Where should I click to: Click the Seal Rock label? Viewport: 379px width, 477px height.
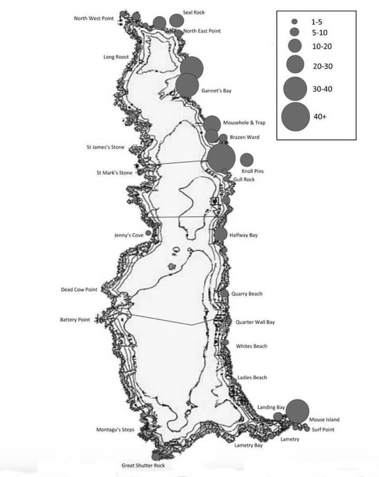pyautogui.click(x=194, y=12)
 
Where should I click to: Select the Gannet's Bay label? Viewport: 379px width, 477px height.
pyautogui.click(x=216, y=91)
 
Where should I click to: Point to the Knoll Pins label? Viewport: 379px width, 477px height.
pyautogui.click(x=253, y=171)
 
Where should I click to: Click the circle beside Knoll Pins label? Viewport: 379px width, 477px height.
pyautogui.click(x=246, y=160)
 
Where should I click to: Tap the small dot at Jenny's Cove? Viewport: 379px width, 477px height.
pyautogui.click(x=148, y=233)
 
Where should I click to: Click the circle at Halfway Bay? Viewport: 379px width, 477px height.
pyautogui.click(x=221, y=235)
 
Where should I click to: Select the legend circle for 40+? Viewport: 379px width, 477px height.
pyautogui.click(x=295, y=117)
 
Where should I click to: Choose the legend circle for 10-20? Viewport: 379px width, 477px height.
pyautogui.click(x=295, y=45)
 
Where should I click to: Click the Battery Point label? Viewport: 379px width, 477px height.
pyautogui.click(x=75, y=320)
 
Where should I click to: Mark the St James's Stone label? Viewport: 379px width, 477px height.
pyautogui.click(x=105, y=147)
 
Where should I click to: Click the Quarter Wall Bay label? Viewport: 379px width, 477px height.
pyautogui.click(x=255, y=322)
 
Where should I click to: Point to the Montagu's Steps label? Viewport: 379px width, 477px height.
pyautogui.click(x=115, y=430)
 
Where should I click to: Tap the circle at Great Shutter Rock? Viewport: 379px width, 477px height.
pyautogui.click(x=156, y=456)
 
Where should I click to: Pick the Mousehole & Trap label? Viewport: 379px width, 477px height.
pyautogui.click(x=244, y=123)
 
